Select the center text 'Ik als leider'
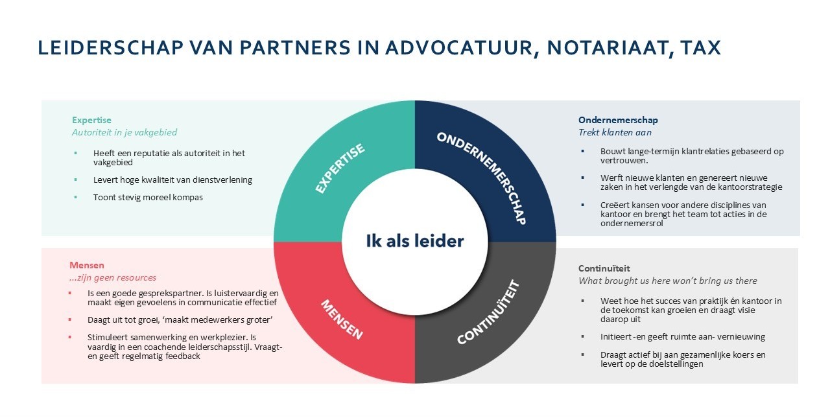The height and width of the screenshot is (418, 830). pos(415,241)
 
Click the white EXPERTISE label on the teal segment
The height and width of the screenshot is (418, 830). pos(340,168)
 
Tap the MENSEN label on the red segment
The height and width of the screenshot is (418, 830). pos(341,319)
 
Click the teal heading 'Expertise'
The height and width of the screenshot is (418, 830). pos(91,120)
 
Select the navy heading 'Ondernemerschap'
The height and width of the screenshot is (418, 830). pos(618,120)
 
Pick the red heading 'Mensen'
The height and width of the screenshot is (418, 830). pos(87,265)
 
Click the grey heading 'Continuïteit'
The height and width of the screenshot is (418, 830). pos(604,268)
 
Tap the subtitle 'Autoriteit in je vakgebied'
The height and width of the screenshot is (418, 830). pos(124,132)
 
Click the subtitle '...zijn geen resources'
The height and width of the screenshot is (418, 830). pos(113,277)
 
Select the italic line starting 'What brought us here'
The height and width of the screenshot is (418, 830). pos(667,281)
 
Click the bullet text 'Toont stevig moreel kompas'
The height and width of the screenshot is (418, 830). pos(148,197)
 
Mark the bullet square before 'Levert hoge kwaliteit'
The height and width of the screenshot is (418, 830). pos(75,180)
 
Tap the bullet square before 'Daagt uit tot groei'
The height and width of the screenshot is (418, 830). pos(70,320)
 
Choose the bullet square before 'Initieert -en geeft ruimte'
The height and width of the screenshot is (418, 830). pos(583,337)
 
